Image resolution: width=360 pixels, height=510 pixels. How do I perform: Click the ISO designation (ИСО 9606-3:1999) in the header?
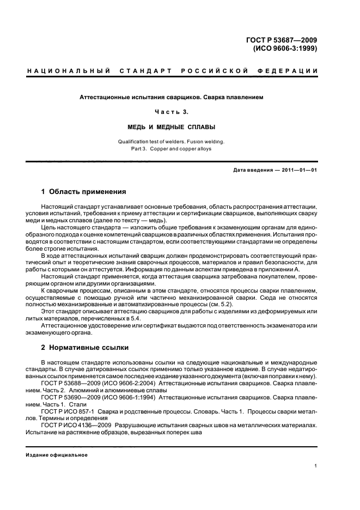285,48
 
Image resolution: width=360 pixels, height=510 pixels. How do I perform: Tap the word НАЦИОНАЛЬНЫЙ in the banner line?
69,71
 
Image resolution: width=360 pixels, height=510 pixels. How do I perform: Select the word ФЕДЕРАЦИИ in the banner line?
291,71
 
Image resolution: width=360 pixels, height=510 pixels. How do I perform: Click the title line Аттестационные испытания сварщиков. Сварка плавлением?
172,98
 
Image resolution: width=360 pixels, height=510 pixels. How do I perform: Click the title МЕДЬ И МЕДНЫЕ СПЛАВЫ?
172,127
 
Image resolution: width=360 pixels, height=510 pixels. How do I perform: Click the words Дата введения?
253,171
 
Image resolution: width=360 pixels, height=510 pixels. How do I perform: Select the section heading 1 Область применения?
84,192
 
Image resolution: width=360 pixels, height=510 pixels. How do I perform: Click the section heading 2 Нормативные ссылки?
84,347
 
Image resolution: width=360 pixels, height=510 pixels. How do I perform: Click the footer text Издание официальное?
57,455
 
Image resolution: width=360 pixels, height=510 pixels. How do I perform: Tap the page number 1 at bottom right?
316,466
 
